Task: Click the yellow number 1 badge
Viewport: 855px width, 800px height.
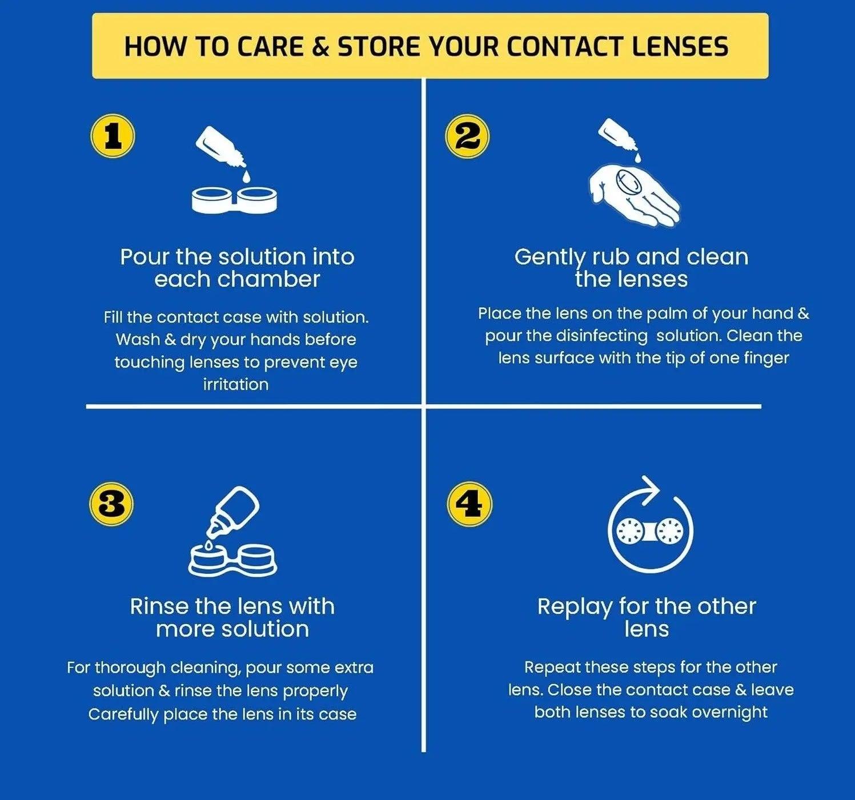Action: (113, 137)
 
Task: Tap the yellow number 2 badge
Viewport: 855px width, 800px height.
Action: (467, 137)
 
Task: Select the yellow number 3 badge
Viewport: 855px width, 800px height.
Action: (111, 504)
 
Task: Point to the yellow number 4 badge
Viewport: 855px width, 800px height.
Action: (469, 504)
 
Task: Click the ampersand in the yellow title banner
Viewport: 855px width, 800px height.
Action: (321, 47)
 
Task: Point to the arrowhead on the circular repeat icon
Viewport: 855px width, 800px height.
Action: (649, 490)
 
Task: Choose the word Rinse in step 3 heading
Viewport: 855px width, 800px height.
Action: (158, 606)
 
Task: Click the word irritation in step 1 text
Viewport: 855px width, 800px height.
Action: (236, 384)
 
